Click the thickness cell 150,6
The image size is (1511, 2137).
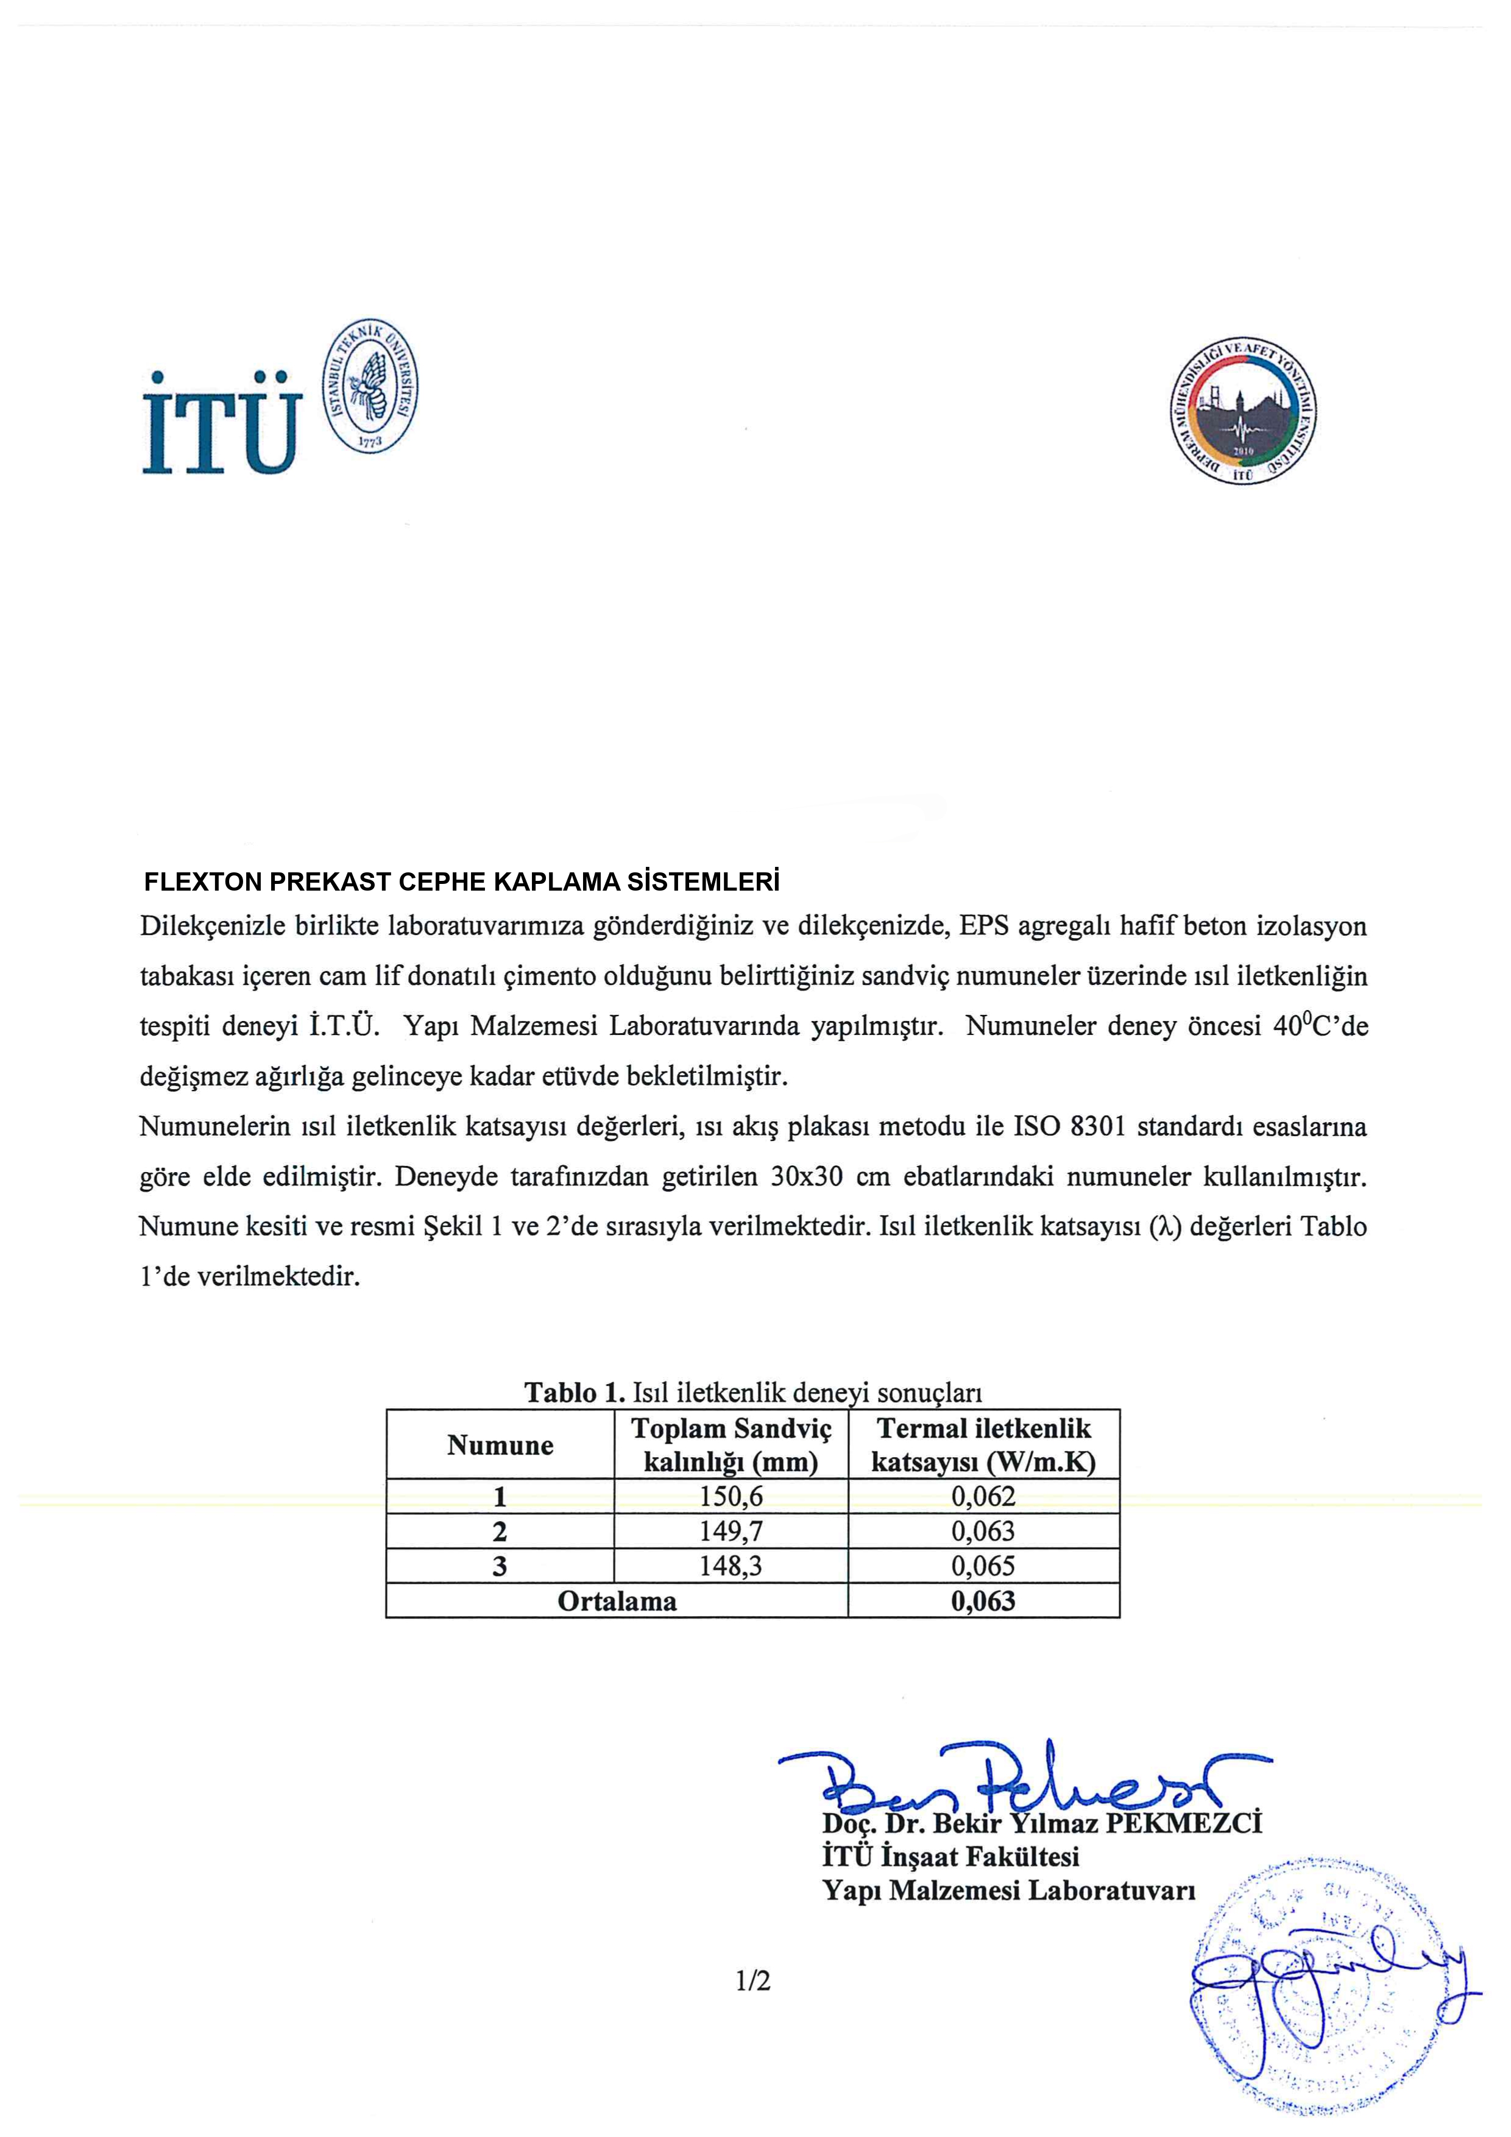tap(731, 1497)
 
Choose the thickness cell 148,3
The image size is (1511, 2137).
tap(731, 1566)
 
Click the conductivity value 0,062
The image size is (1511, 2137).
tap(983, 1497)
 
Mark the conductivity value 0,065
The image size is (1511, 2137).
tap(983, 1566)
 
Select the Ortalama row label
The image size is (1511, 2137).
tap(617, 1601)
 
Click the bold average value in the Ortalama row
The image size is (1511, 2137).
tap(983, 1601)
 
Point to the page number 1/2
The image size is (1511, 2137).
tap(753, 1980)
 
